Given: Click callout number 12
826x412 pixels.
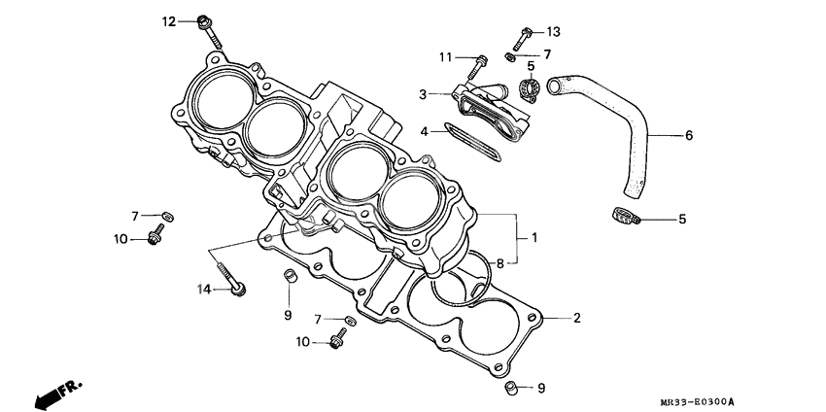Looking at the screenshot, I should tap(168, 21).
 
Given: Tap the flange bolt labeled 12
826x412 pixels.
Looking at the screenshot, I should tap(209, 29).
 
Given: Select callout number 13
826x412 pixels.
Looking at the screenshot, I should tap(553, 31).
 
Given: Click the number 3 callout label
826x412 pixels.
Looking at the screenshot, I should tap(424, 94).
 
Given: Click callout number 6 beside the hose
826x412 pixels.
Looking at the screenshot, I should tap(688, 135).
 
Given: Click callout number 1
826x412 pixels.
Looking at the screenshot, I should tap(533, 237).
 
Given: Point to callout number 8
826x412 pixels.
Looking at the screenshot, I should tap(500, 262).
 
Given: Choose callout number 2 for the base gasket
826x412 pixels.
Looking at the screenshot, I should tap(576, 318).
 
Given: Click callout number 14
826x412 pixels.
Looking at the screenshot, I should tap(204, 289).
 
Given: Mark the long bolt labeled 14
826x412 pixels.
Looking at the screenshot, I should tap(229, 277).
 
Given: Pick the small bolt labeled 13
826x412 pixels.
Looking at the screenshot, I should tap(521, 39).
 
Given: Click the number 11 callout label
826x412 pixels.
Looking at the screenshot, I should tap(445, 57).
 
